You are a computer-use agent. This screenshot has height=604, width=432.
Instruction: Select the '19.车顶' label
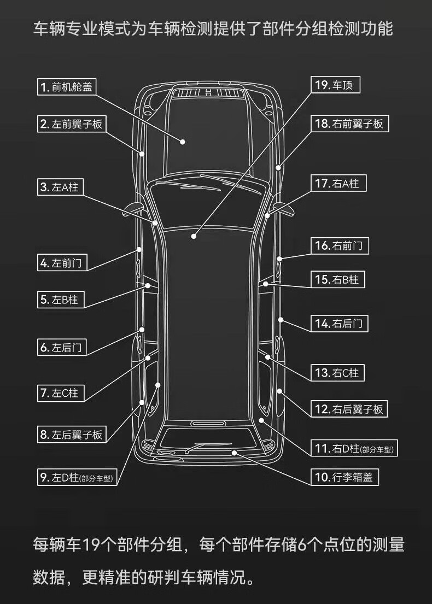click(336, 85)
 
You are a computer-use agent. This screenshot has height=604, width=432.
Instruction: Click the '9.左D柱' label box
click(78, 478)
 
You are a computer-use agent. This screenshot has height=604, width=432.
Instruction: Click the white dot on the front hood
click(183, 142)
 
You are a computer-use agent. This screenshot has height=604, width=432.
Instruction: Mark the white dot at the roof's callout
click(194, 236)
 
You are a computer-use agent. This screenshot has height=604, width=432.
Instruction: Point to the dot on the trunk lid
click(235, 453)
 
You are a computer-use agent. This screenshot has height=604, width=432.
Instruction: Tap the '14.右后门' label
click(339, 324)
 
